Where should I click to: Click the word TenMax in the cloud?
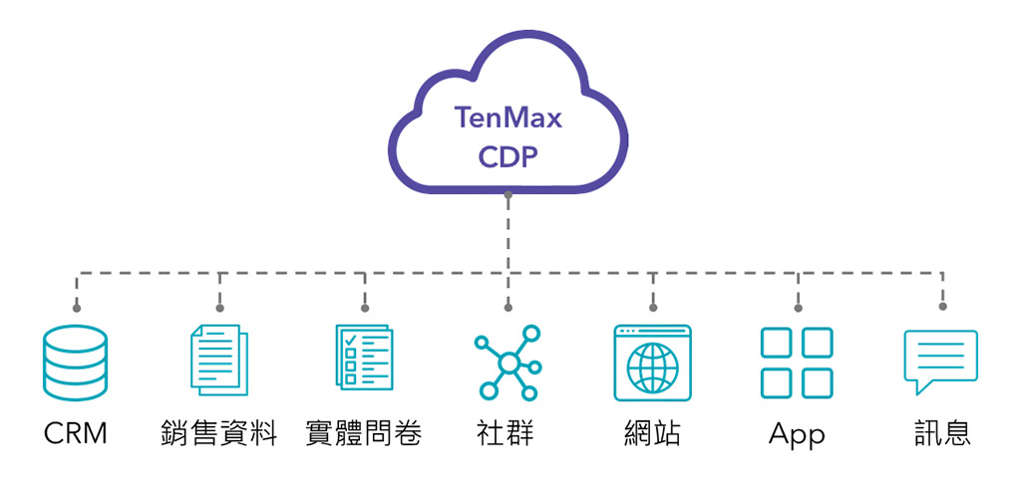(x=509, y=119)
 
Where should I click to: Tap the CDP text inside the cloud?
(x=509, y=158)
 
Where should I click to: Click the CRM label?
(x=75, y=433)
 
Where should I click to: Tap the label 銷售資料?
(x=219, y=433)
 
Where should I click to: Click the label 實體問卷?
(x=364, y=433)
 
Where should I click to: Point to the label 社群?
(x=508, y=433)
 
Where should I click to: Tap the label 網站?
(x=652, y=433)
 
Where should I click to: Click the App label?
(x=797, y=434)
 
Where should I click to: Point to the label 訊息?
(x=942, y=433)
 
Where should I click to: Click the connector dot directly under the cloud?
(x=509, y=195)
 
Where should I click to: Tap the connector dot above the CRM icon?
(x=76, y=307)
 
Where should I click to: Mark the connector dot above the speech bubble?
(x=942, y=307)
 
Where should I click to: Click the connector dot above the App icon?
(x=798, y=307)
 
